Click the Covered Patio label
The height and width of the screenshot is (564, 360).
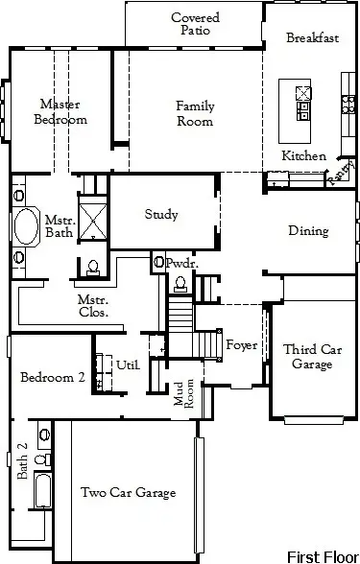tap(196, 24)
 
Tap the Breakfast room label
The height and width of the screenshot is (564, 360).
tap(313, 38)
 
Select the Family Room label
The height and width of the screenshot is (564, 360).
tap(195, 113)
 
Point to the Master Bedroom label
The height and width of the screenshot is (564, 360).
tap(60, 111)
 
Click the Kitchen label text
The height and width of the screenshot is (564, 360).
tap(303, 155)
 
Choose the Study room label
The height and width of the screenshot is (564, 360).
tap(161, 215)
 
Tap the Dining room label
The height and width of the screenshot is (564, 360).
tap(308, 231)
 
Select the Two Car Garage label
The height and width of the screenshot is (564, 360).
tap(128, 493)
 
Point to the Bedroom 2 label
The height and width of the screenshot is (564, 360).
tap(54, 378)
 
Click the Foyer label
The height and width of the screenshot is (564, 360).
tap(241, 345)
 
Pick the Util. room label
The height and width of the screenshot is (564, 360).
tap(128, 365)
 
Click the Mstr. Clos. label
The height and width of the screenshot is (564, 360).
tap(93, 306)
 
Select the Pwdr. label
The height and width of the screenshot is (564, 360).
tap(180, 263)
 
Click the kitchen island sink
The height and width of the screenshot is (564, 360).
tap(303, 93)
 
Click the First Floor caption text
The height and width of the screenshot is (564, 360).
tap(321, 555)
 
